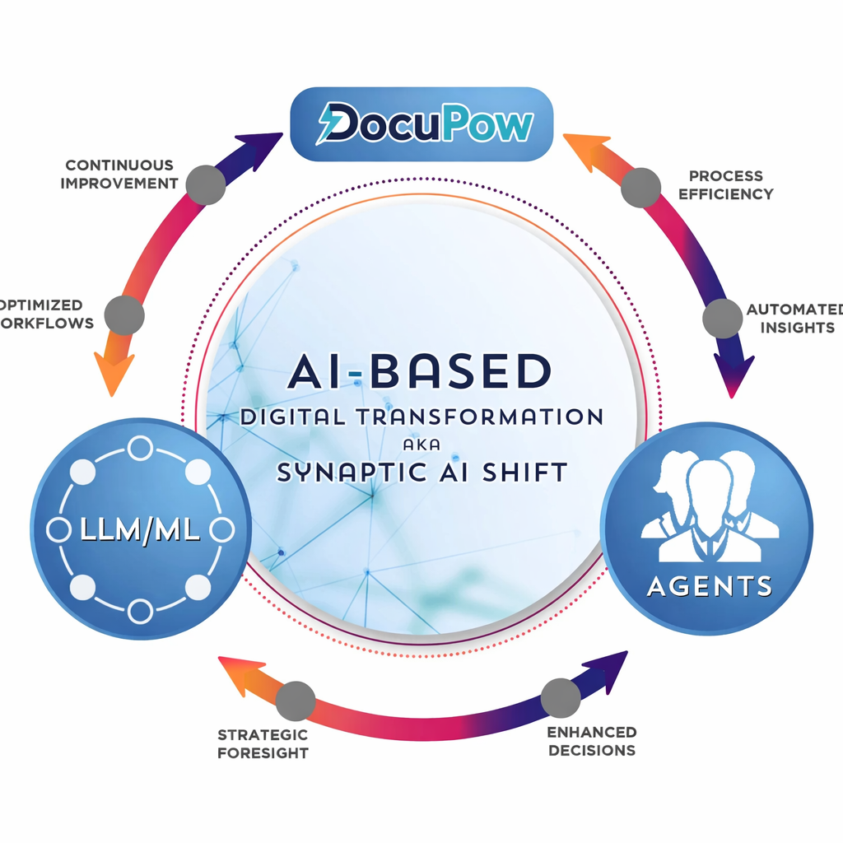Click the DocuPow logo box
click(421, 123)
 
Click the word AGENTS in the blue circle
click(710, 585)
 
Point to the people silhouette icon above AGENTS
click(709, 505)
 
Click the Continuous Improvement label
click(119, 175)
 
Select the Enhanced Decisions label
click(592, 741)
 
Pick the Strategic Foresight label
click(263, 743)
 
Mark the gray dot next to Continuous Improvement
click(205, 184)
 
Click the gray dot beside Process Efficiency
click(640, 187)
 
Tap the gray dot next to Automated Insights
click(722, 317)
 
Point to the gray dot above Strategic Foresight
click(296, 701)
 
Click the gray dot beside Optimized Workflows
click(125, 315)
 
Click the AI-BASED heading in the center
click(420, 371)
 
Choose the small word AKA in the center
click(421, 444)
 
